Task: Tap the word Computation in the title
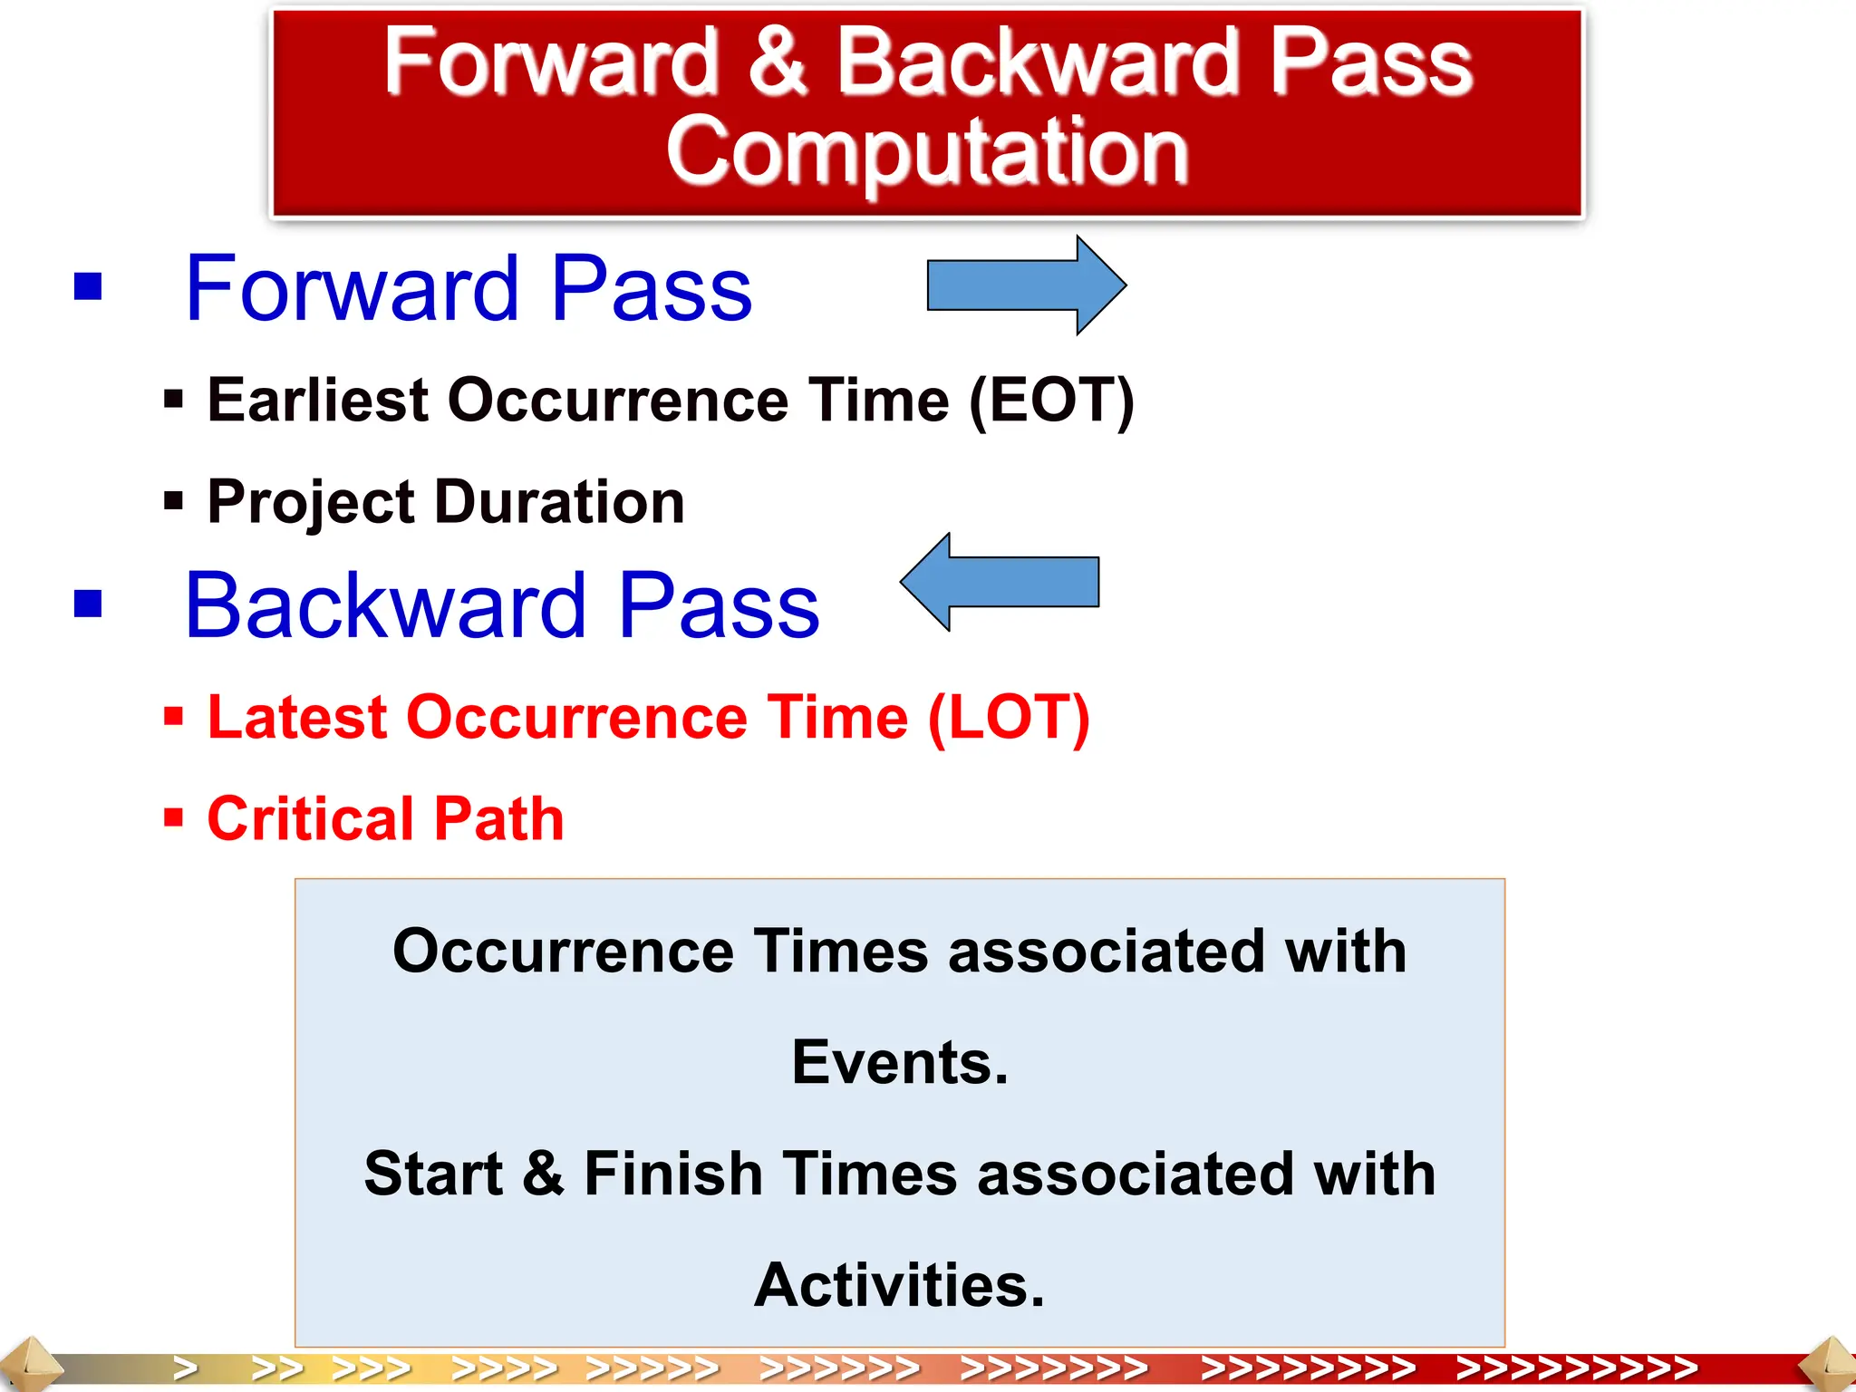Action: (926, 152)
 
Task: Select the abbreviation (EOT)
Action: (1051, 401)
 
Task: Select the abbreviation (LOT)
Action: (1009, 718)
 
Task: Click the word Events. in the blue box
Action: (899, 1062)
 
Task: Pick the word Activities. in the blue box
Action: (899, 1285)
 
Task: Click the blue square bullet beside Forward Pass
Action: (88, 287)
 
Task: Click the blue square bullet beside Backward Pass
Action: (88, 604)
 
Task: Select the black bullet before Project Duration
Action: (173, 501)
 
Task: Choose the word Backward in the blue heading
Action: (386, 605)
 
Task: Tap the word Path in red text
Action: (498, 818)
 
